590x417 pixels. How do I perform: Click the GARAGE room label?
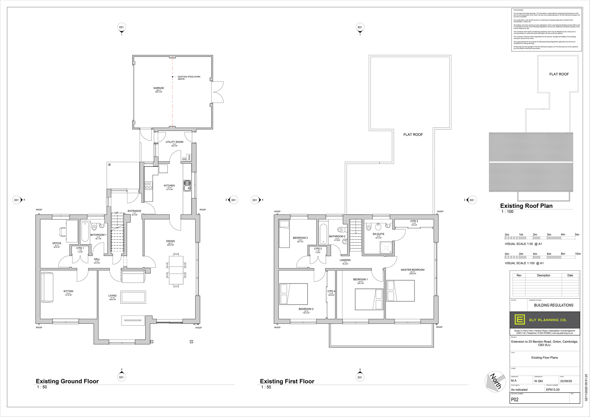(158, 88)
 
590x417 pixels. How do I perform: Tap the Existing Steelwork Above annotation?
(189, 78)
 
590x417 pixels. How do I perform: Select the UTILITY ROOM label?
(174, 142)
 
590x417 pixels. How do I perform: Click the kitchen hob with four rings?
(149, 186)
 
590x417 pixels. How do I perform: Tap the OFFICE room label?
(57, 244)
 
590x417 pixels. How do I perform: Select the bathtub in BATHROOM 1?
(85, 232)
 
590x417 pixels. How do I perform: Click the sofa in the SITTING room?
(47, 287)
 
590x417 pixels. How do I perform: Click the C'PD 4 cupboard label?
(331, 291)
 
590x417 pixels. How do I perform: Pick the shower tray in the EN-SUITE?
(386, 248)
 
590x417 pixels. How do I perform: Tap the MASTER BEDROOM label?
(412, 270)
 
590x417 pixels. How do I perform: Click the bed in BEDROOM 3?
(284, 234)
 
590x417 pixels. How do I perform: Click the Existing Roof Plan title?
(526, 206)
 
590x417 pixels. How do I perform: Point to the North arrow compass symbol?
(495, 381)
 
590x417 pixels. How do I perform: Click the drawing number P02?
(515, 400)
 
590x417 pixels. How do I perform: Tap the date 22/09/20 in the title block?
(566, 381)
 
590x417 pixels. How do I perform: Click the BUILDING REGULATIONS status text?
(553, 305)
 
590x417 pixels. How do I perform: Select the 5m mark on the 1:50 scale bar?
(577, 235)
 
